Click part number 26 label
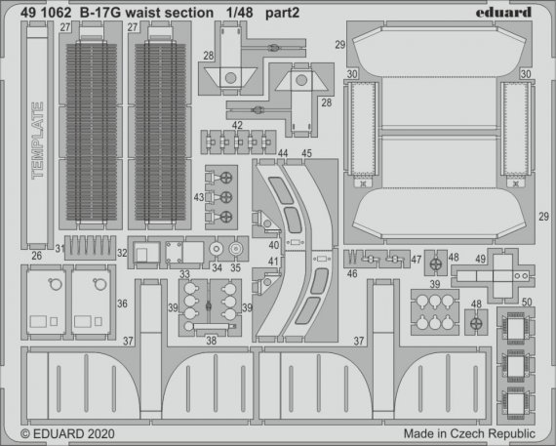click(37, 258)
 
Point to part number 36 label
click(120, 304)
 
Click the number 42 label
click(239, 125)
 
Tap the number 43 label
click(200, 198)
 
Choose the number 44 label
click(282, 153)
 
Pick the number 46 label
click(351, 277)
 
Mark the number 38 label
click(210, 342)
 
